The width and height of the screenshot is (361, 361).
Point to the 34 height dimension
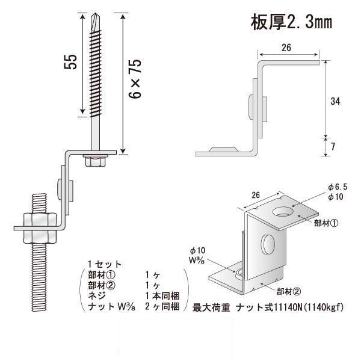(336, 102)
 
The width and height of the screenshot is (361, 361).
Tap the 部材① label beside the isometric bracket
(327, 222)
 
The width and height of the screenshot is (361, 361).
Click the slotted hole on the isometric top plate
(282, 212)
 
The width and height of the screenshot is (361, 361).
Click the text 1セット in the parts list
(105, 264)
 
